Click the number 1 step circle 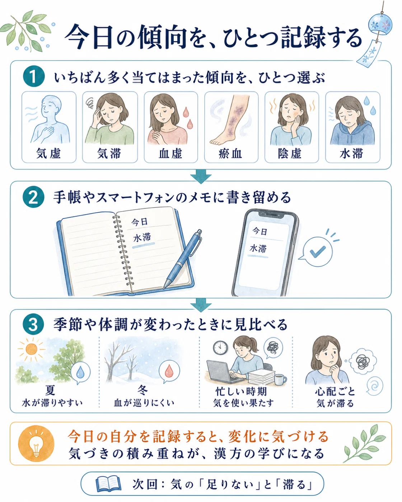(x=34, y=76)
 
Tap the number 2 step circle (x=33, y=197)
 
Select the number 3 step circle (x=33, y=325)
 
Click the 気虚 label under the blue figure (x=48, y=153)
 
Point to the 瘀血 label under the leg (x=230, y=153)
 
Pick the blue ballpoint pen (x=183, y=259)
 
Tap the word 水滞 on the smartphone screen (x=258, y=248)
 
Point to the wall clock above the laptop (x=220, y=348)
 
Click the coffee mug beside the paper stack (x=280, y=380)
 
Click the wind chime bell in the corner (x=380, y=24)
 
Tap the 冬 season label (x=142, y=390)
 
